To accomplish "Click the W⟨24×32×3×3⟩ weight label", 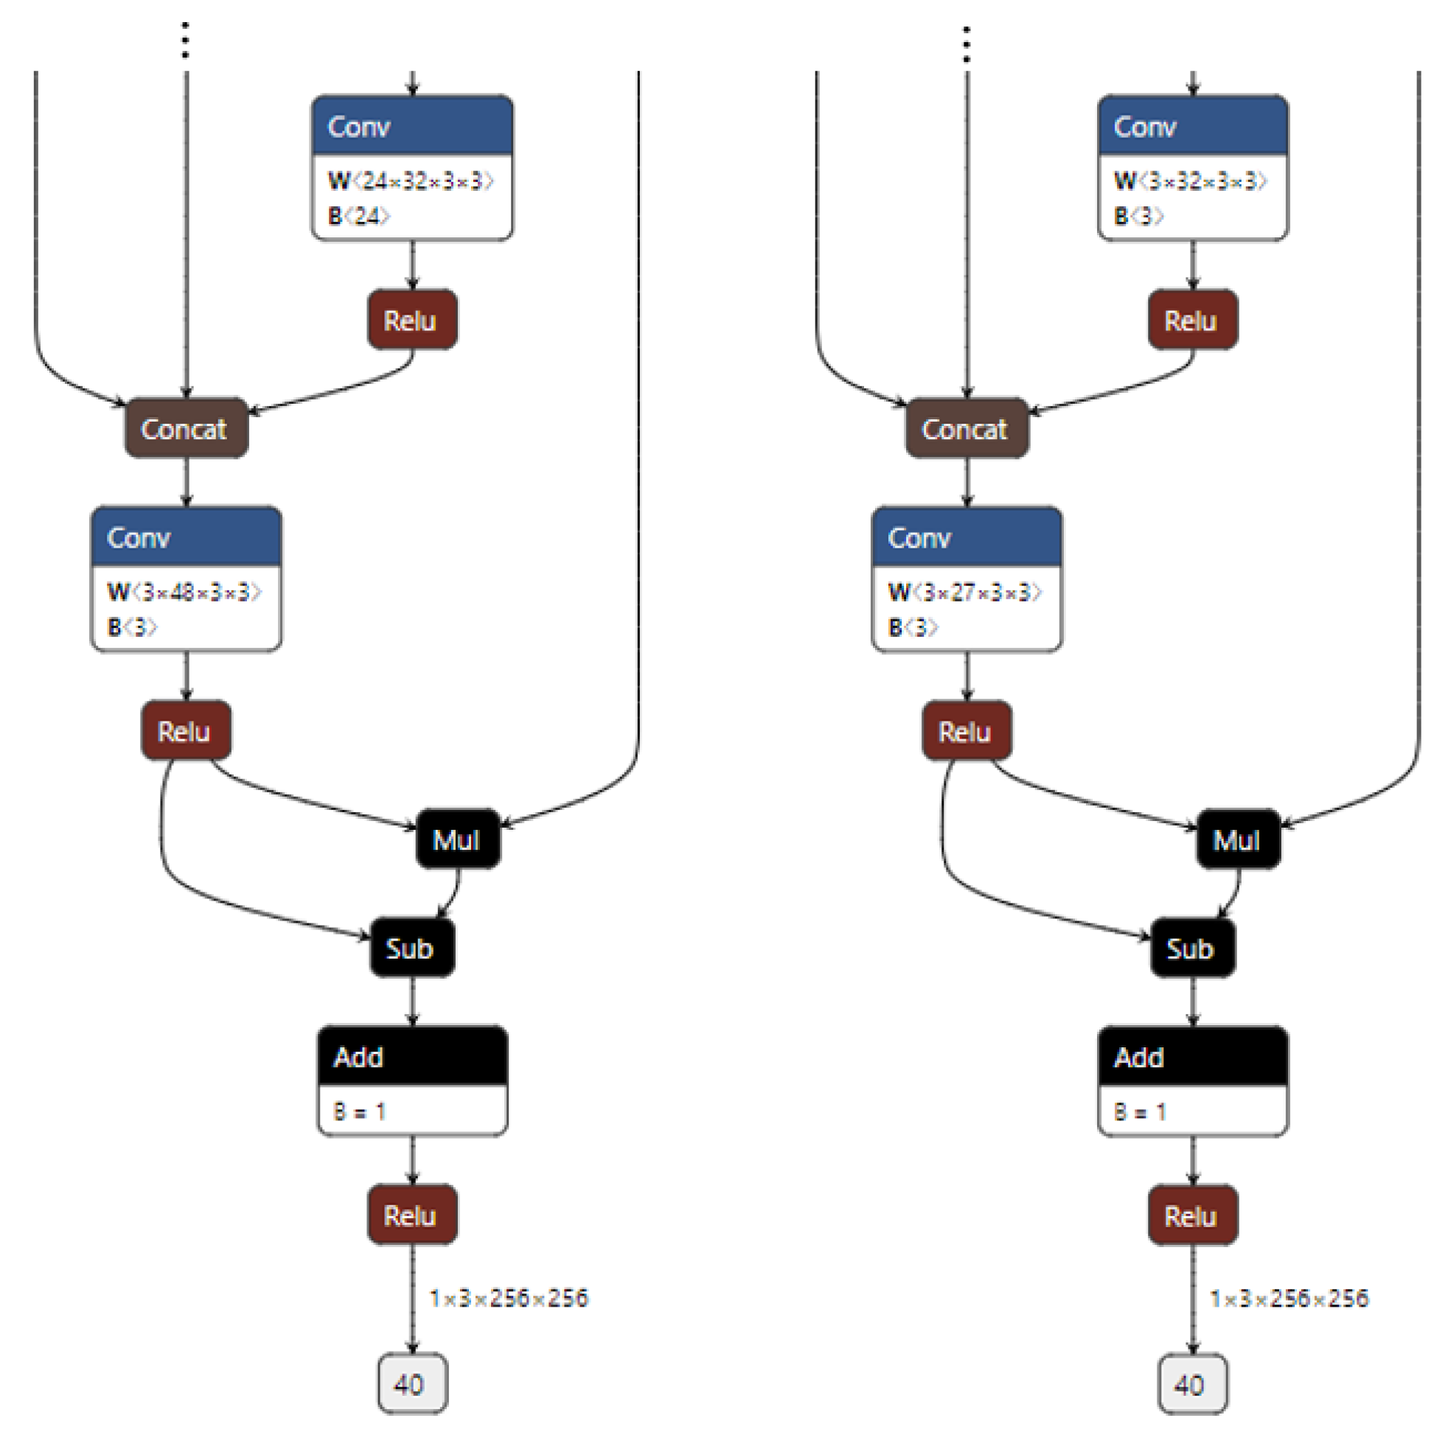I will coord(411,181).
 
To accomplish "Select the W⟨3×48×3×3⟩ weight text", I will coord(184,593).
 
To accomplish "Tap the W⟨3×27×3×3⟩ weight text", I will coord(965,593).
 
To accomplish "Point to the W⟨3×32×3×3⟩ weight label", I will coord(1190,181).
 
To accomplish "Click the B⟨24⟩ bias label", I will coord(359,216).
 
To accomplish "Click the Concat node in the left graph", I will coord(186,428).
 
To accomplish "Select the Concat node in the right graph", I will coord(967,428).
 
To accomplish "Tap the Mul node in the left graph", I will coord(457,839).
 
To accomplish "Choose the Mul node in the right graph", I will coord(1238,839).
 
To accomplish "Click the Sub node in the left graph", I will coord(411,949).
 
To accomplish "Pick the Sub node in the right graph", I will coord(1191,949).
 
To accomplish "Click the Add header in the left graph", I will coord(412,1057).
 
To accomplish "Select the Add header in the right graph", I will coord(1192,1057).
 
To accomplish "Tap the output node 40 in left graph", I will coord(411,1384).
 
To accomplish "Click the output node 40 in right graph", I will coord(1192,1384).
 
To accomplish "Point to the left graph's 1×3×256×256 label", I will coord(509,1298).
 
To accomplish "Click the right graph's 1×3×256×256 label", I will coord(1289,1298).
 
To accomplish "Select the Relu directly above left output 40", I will coord(411,1215).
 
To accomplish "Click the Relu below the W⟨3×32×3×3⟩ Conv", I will coord(1192,320).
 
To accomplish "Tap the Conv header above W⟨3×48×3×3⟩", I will coord(186,537).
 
